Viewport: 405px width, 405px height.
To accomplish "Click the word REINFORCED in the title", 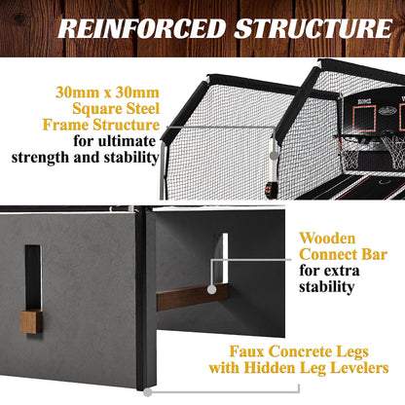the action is [x=142, y=28].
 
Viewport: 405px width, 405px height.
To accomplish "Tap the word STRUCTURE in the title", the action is [x=313, y=28].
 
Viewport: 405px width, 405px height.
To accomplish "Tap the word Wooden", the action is [x=327, y=239].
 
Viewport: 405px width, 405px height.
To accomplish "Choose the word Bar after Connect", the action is [x=375, y=254].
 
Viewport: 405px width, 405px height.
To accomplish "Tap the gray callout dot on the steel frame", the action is [x=275, y=156].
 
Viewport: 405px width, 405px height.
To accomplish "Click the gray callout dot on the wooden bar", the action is [x=211, y=289].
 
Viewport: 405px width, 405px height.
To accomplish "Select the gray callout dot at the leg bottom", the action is [x=148, y=392].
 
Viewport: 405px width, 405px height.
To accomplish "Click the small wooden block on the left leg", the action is [x=31, y=322].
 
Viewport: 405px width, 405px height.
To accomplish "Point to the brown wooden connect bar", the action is [x=192, y=297].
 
